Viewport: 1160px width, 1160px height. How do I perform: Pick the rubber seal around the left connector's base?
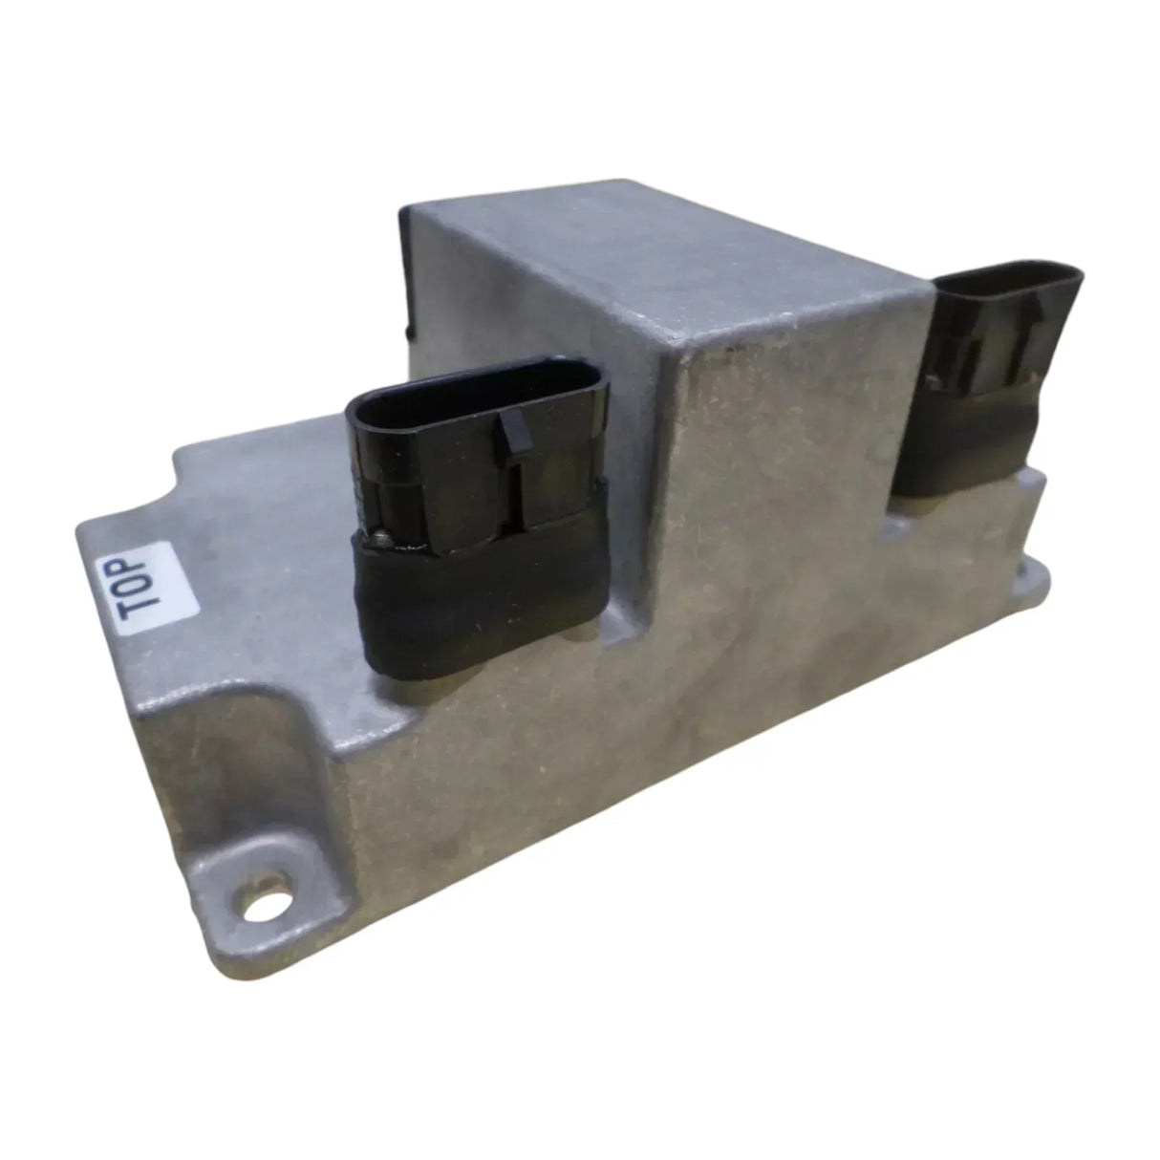tap(478, 592)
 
